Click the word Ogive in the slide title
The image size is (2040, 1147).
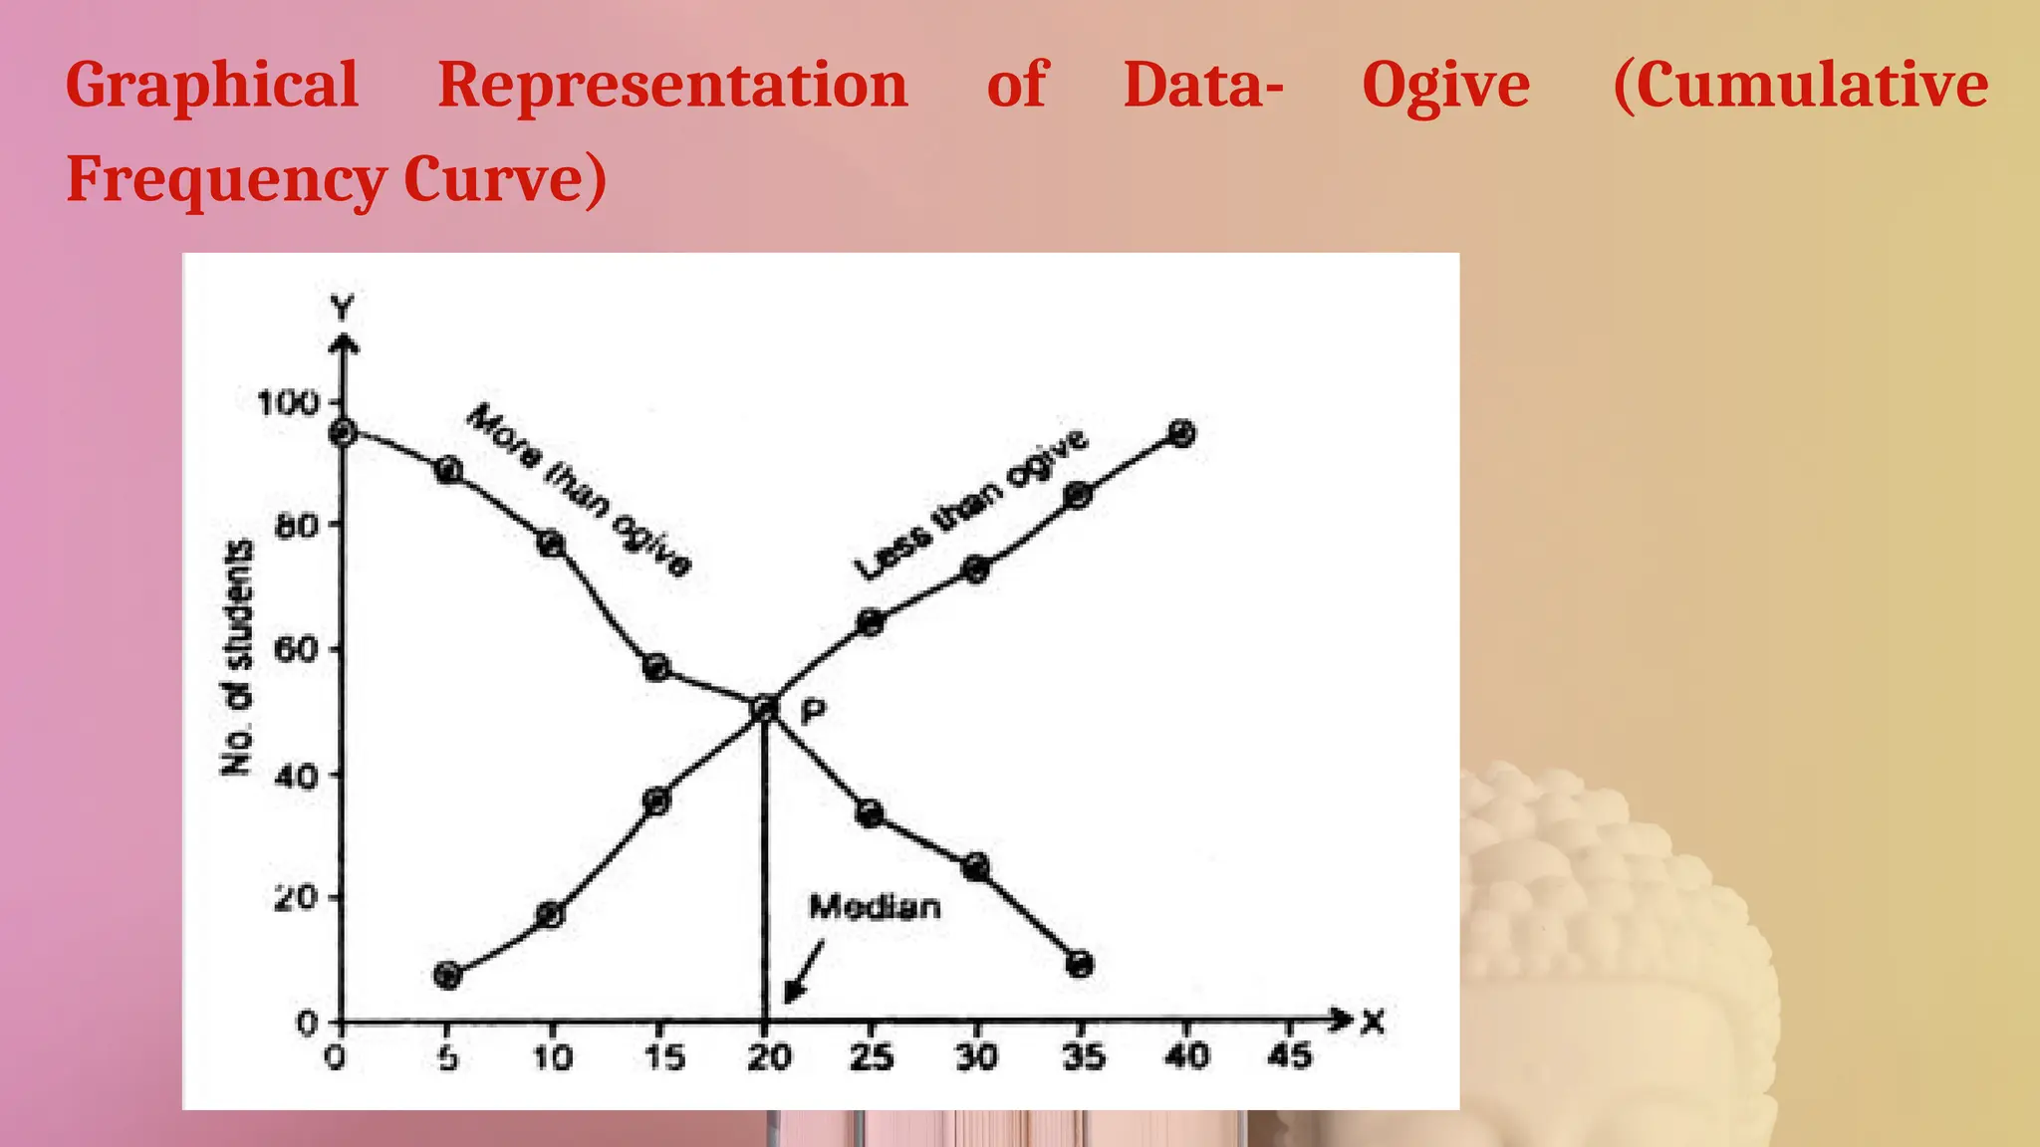tap(1445, 86)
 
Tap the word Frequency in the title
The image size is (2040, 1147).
tap(225, 181)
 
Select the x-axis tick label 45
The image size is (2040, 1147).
tap(1289, 1055)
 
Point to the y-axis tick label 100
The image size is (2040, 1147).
tap(287, 403)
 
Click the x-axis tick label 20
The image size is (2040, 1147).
tap(768, 1056)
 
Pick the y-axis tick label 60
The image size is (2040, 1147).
tap(297, 650)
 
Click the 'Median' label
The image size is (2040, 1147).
tap(875, 907)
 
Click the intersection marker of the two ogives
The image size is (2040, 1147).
tap(764, 708)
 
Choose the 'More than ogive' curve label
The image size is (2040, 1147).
tap(578, 490)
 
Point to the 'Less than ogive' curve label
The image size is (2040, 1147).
tap(971, 505)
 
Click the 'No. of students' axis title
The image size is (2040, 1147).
tap(237, 657)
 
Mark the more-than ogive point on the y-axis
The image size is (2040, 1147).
tap(343, 432)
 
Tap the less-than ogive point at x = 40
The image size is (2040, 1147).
tap(1182, 433)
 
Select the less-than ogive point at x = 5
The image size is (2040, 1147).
tap(448, 975)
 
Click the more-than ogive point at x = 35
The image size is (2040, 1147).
tap(1080, 964)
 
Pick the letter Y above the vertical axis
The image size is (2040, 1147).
tap(343, 309)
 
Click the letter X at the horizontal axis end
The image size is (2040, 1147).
tap(1374, 1022)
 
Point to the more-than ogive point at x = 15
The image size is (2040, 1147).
tap(656, 667)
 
